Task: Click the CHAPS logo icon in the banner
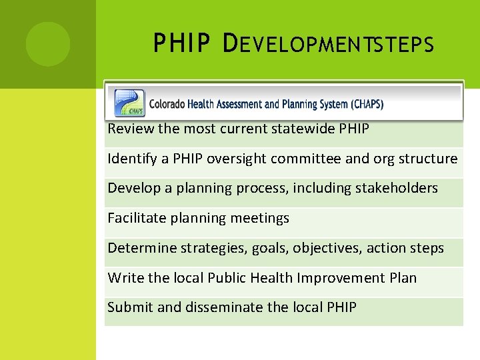click(129, 103)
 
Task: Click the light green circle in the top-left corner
click(48, 44)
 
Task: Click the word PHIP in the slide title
click(180, 44)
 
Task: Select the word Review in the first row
click(131, 129)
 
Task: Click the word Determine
click(139, 248)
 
